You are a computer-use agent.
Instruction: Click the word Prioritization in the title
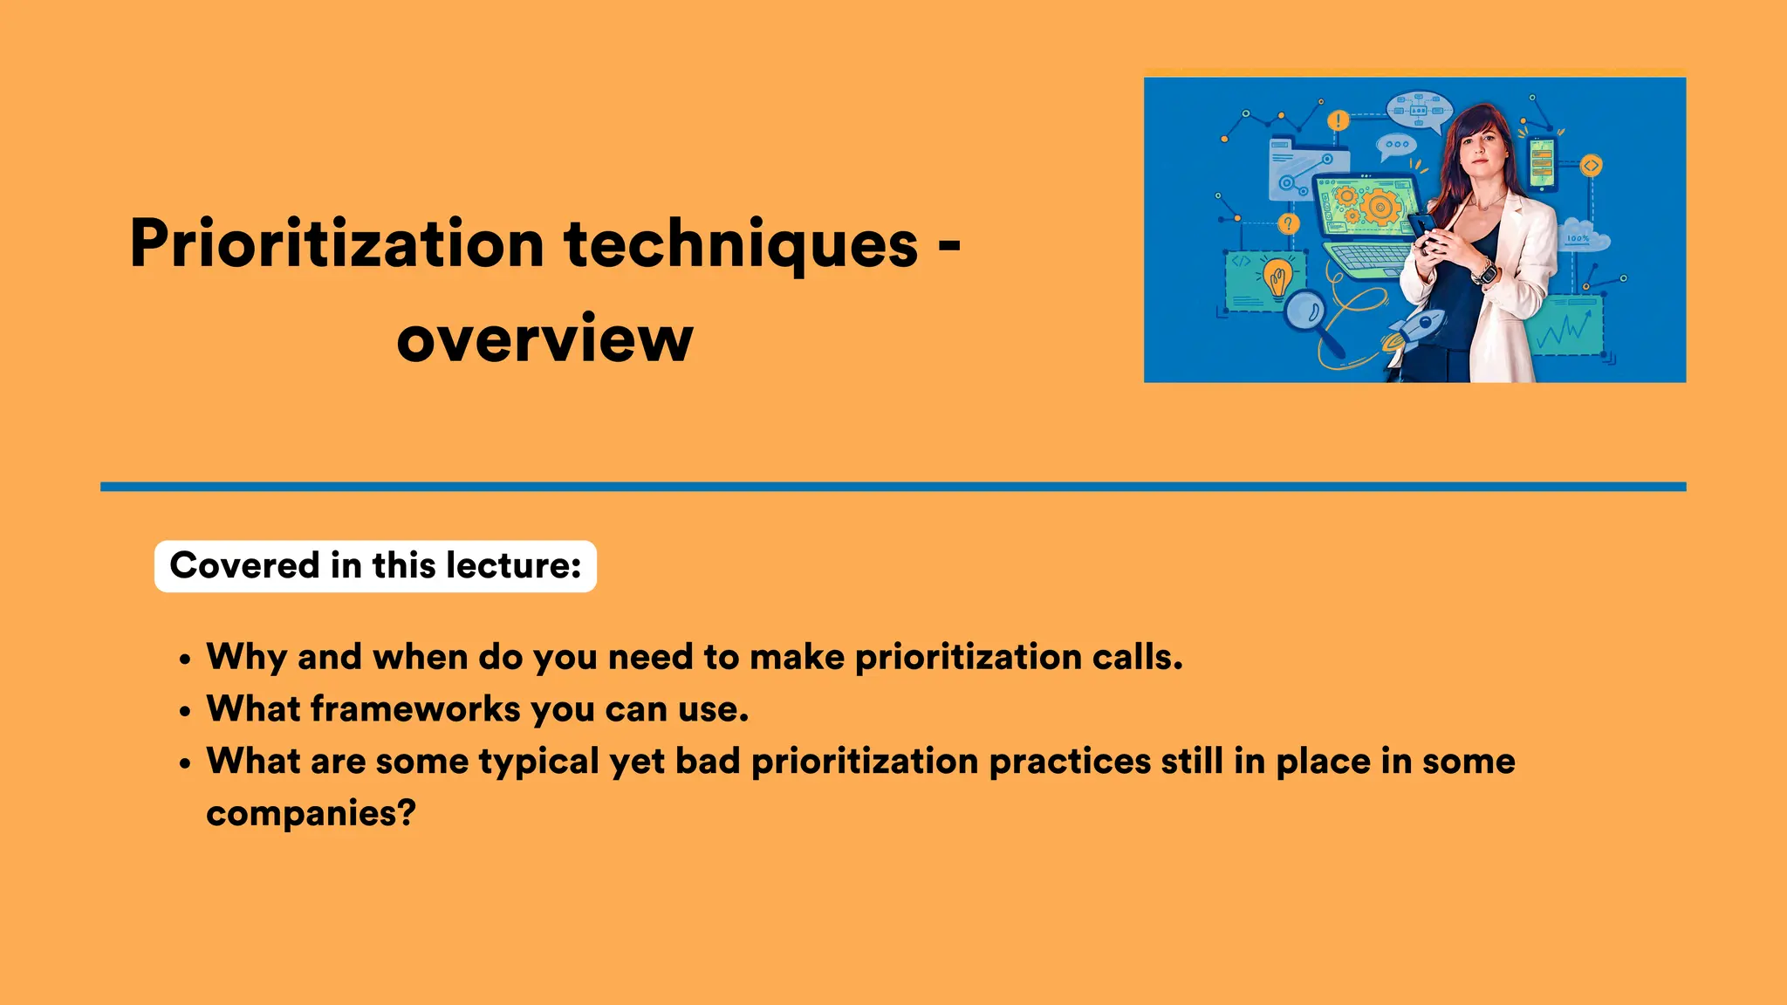(x=337, y=245)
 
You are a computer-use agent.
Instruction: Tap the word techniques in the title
(x=741, y=245)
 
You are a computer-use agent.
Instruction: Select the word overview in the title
(x=544, y=339)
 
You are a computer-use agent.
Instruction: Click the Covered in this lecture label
(x=375, y=566)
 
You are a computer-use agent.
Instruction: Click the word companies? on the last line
(x=311, y=814)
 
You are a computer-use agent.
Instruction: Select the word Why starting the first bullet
(x=246, y=658)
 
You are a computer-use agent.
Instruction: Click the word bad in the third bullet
(x=708, y=762)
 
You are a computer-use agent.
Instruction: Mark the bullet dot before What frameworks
(x=184, y=712)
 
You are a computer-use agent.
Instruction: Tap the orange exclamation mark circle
(x=1338, y=120)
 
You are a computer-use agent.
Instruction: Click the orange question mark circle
(x=1288, y=224)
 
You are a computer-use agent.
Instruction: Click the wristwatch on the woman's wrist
(x=1485, y=273)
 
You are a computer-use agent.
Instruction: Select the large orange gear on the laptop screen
(x=1380, y=207)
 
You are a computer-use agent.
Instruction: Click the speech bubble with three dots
(x=1396, y=146)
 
